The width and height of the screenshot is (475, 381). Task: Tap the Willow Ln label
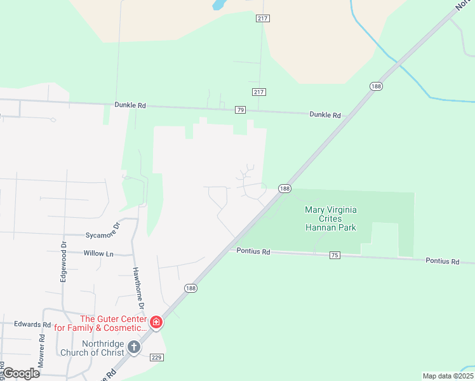click(x=98, y=253)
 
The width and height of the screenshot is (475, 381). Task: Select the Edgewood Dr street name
click(x=64, y=260)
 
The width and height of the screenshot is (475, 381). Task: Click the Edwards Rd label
click(x=32, y=324)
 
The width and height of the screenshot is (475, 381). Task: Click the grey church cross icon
click(x=133, y=347)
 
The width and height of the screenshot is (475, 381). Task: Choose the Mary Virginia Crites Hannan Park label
click(x=330, y=218)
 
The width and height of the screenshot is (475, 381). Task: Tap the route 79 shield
click(x=240, y=110)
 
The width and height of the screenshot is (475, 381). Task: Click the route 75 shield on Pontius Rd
click(x=335, y=255)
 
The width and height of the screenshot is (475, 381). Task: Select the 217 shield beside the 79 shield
click(x=258, y=92)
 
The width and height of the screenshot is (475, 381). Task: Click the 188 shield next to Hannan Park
click(x=284, y=189)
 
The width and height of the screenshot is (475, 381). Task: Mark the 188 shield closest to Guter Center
click(x=191, y=288)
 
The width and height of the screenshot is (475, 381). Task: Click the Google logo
click(x=21, y=373)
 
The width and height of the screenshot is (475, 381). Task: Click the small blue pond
click(x=218, y=5)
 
